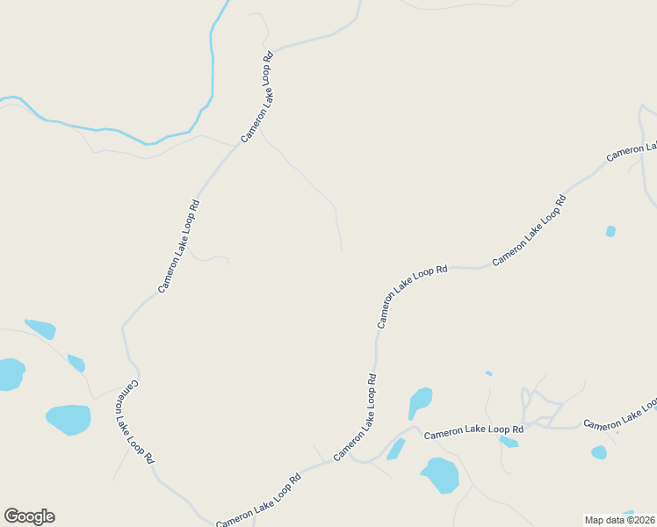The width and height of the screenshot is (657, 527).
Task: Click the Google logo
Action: coord(29,516)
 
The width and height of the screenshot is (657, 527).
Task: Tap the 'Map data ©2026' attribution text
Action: coord(619,520)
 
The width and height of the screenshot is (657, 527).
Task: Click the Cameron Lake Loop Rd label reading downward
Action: coord(136,422)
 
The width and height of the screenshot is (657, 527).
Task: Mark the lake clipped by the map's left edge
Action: coord(11,373)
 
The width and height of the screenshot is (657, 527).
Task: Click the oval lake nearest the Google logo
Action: coord(68,420)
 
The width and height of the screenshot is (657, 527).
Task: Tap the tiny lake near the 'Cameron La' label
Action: coord(610,231)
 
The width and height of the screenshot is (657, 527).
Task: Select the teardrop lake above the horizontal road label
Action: coord(420,402)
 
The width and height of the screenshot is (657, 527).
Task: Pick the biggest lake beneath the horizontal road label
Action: coord(440,475)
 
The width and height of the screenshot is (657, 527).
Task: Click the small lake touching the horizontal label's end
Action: coord(509,441)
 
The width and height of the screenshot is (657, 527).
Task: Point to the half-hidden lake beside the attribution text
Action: coord(628,512)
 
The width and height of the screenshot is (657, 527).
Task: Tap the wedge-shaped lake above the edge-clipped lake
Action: coord(40,328)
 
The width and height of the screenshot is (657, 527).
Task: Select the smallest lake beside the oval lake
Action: coord(76,363)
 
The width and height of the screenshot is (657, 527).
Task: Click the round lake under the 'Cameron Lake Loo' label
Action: coord(598,452)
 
